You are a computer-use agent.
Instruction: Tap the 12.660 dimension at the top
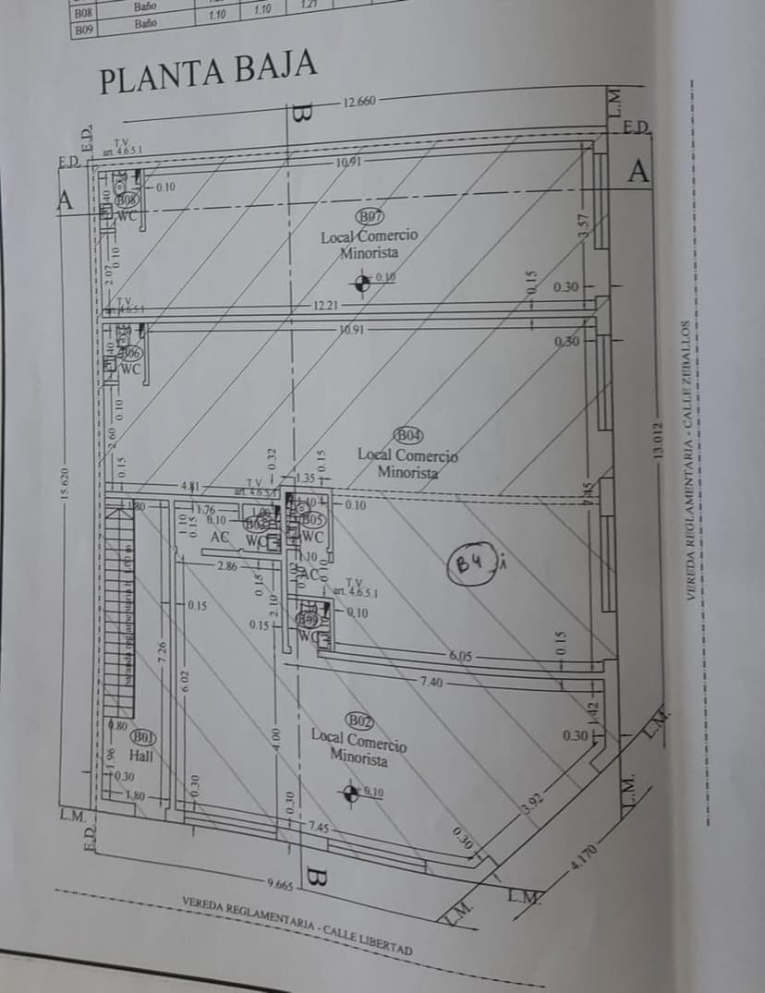point(358,102)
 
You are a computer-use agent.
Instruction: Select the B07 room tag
point(370,216)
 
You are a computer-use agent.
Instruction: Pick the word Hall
point(140,755)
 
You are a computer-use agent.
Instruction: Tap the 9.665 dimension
point(280,884)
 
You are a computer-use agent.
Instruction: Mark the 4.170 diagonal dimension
point(585,859)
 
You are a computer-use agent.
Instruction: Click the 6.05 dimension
point(460,656)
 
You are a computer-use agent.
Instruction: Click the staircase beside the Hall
point(121,610)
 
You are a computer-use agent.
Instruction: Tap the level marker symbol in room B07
point(363,283)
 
